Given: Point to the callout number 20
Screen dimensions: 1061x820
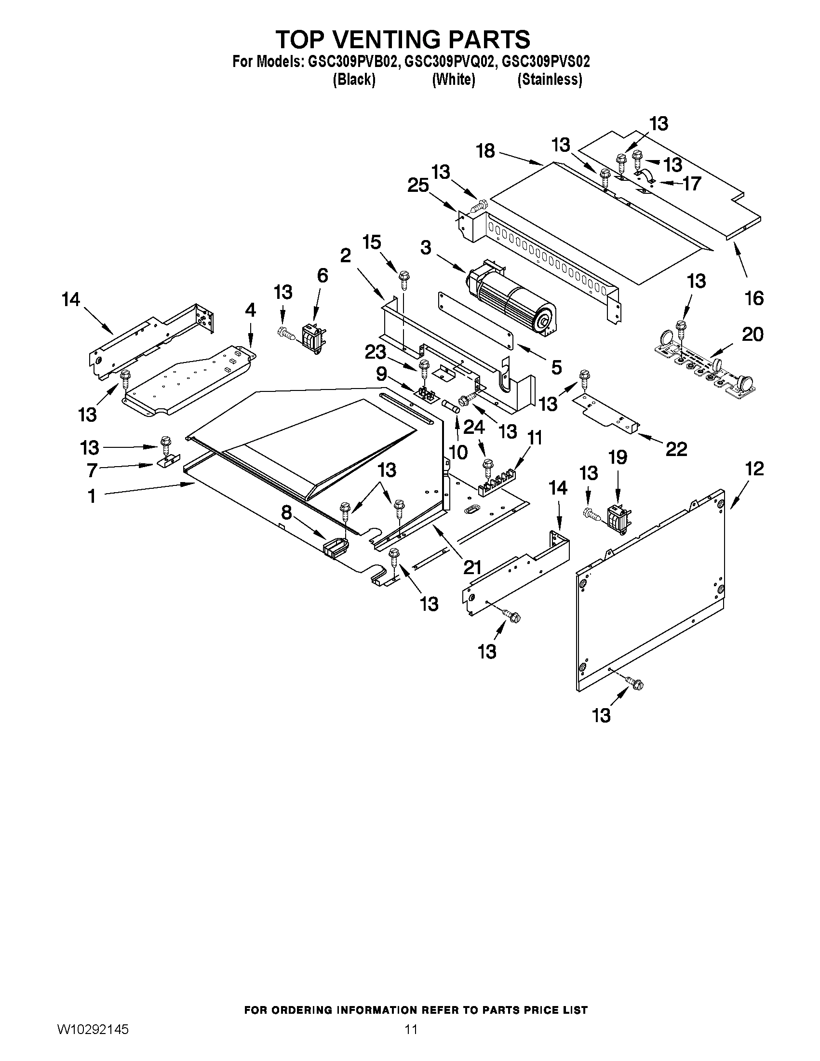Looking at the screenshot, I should pos(753,334).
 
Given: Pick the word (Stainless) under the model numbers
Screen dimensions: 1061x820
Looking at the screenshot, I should pos(550,79).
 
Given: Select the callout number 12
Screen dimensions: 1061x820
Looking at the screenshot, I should pos(754,469).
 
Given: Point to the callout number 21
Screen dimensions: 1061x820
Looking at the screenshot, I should pos(472,567).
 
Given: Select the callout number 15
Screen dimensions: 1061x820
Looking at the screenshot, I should pos(372,242).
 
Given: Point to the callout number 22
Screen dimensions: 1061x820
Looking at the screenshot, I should pos(676,449).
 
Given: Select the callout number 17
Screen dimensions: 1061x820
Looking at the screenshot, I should pos(692,184).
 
